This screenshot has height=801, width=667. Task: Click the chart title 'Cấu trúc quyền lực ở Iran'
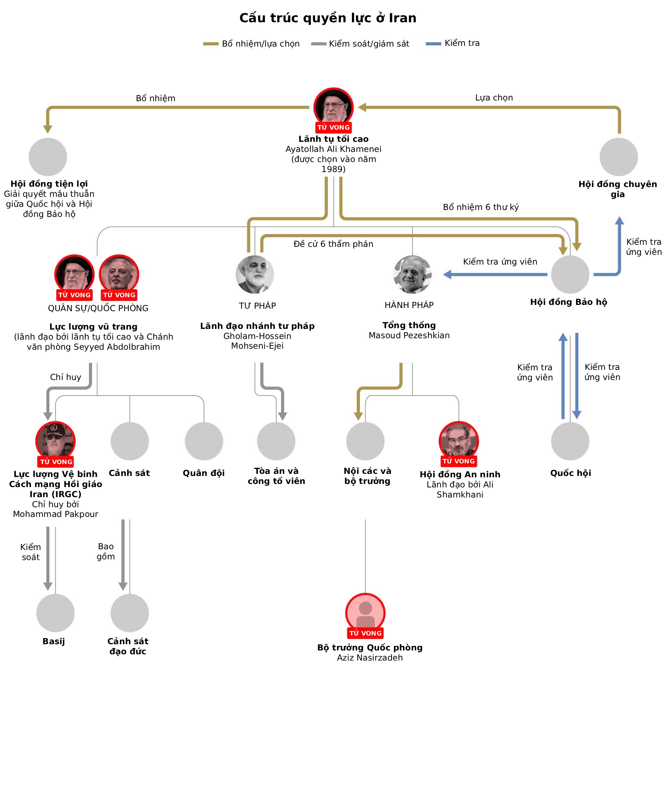click(328, 18)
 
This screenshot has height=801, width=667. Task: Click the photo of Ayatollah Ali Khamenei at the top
click(333, 107)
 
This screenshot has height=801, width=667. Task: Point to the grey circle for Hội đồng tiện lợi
click(48, 157)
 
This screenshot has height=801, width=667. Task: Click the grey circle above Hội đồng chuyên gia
click(619, 157)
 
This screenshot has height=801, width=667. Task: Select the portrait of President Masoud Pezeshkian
click(412, 274)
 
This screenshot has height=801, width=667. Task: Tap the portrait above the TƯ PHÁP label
click(255, 274)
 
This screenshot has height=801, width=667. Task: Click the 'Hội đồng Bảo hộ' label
click(568, 302)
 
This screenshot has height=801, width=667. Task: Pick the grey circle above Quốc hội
click(570, 441)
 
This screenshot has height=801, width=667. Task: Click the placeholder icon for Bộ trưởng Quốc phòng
click(365, 613)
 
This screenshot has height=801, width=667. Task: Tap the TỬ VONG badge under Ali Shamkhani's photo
click(459, 461)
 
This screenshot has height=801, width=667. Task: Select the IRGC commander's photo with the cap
click(55, 440)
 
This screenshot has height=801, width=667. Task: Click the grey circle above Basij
click(55, 613)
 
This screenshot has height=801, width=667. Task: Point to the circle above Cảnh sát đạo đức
click(130, 613)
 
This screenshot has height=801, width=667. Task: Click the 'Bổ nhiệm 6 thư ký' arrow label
click(480, 207)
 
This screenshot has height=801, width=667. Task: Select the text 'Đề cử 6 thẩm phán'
click(333, 244)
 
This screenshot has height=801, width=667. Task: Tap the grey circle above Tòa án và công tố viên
click(276, 441)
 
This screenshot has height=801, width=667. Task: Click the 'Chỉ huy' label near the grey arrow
click(66, 377)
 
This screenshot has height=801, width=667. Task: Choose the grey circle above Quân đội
click(204, 441)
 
